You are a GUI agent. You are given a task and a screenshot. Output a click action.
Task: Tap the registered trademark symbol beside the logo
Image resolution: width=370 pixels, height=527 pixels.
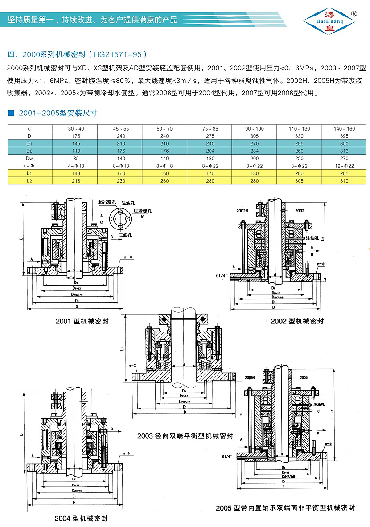[354, 13]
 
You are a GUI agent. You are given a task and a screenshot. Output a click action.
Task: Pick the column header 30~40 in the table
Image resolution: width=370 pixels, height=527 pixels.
[75, 129]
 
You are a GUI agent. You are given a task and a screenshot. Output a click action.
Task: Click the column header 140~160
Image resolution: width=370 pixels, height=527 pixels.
[344, 129]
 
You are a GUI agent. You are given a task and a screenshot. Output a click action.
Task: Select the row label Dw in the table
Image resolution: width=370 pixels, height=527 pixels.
[29, 158]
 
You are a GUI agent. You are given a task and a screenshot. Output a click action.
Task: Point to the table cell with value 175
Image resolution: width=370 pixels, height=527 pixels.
[75, 136]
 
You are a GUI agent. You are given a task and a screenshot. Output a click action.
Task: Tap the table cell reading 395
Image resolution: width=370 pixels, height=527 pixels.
[344, 136]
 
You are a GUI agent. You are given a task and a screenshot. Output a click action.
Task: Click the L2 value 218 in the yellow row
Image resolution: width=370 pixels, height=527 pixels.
[75, 180]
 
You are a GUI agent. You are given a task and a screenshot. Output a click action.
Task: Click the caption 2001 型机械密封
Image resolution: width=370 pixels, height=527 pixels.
[82, 321]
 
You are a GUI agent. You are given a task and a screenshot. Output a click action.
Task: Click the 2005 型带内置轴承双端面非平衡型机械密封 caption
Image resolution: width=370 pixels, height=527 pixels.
[285, 507]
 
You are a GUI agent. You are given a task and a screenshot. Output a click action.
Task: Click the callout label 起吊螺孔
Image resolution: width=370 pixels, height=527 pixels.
[107, 202]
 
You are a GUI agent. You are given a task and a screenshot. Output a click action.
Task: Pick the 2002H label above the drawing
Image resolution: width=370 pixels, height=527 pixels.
[242, 211]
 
